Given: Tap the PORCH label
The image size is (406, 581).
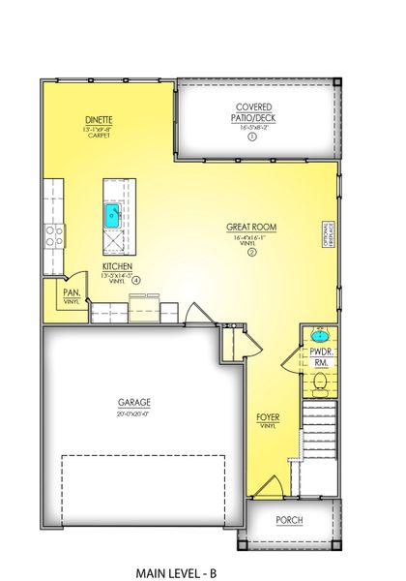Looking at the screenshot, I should pyautogui.click(x=289, y=520).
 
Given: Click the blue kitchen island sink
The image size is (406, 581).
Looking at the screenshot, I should pyautogui.click(x=113, y=215).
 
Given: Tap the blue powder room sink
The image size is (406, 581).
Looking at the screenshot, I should pyautogui.click(x=319, y=339).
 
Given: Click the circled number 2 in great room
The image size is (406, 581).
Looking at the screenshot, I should pyautogui.click(x=251, y=253).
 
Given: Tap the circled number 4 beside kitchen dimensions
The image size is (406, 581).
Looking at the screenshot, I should pyautogui.click(x=136, y=281).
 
